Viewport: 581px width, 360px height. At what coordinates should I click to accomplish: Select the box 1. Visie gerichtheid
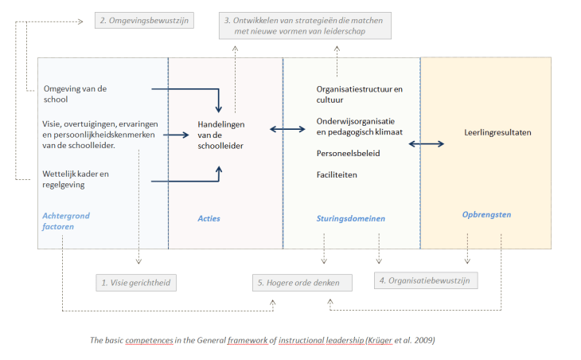pyautogui.click(x=135, y=282)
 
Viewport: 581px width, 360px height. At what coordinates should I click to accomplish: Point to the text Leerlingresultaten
pyautogui.click(x=497, y=133)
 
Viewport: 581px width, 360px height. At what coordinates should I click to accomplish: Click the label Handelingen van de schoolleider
pyautogui.click(x=222, y=135)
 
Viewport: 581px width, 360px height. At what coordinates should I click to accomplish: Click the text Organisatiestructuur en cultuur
pyautogui.click(x=359, y=95)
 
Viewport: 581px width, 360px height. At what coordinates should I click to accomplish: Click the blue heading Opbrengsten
pyautogui.click(x=486, y=214)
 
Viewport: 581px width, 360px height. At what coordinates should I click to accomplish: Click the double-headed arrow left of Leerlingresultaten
pyautogui.click(x=427, y=143)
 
